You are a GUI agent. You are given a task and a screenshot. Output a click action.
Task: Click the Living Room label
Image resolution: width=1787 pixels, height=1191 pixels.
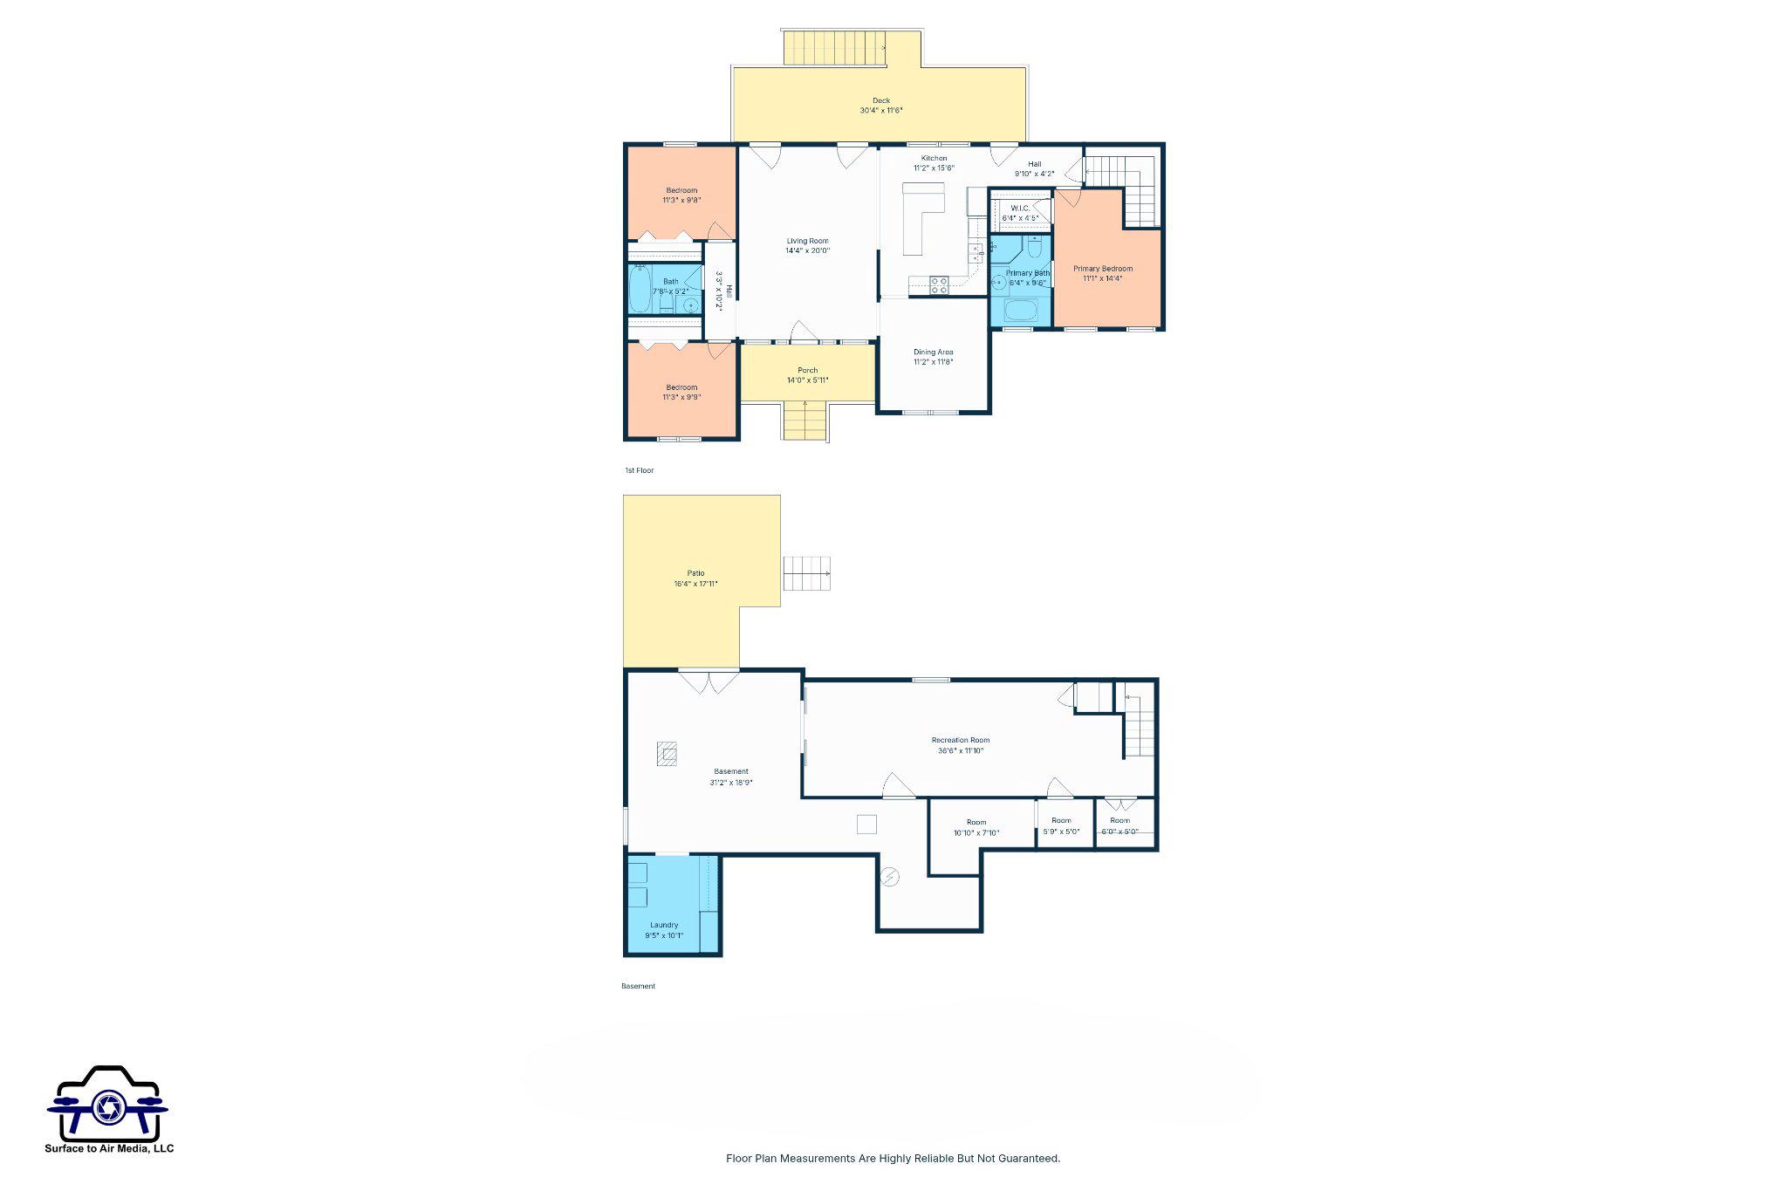807,241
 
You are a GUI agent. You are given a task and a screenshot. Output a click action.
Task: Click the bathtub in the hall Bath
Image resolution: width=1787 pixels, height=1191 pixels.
640,290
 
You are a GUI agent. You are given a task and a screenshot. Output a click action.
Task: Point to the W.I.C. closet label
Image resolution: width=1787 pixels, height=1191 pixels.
1019,208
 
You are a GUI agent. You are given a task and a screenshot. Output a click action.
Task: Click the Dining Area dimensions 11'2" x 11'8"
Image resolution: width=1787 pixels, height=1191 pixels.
933,362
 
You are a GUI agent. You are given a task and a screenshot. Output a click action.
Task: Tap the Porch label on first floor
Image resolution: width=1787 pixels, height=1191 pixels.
807,370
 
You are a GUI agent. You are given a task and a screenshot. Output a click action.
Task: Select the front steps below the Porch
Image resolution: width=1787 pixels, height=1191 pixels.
804,421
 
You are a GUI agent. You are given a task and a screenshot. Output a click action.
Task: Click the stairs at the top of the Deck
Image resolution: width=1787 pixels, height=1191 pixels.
834,47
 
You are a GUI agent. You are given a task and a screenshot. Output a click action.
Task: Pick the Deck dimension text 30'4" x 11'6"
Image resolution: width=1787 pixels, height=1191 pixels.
881,111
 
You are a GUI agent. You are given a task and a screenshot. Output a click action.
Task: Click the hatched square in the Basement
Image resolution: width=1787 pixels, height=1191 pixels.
668,754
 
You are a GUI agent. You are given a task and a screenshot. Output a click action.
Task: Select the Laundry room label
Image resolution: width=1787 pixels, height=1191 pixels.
664,925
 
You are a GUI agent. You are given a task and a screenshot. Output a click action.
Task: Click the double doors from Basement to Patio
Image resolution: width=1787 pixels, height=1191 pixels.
709,681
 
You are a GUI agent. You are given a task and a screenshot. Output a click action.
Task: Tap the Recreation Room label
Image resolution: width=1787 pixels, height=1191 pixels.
961,740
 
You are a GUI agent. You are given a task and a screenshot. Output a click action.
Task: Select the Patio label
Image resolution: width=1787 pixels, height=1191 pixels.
695,573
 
